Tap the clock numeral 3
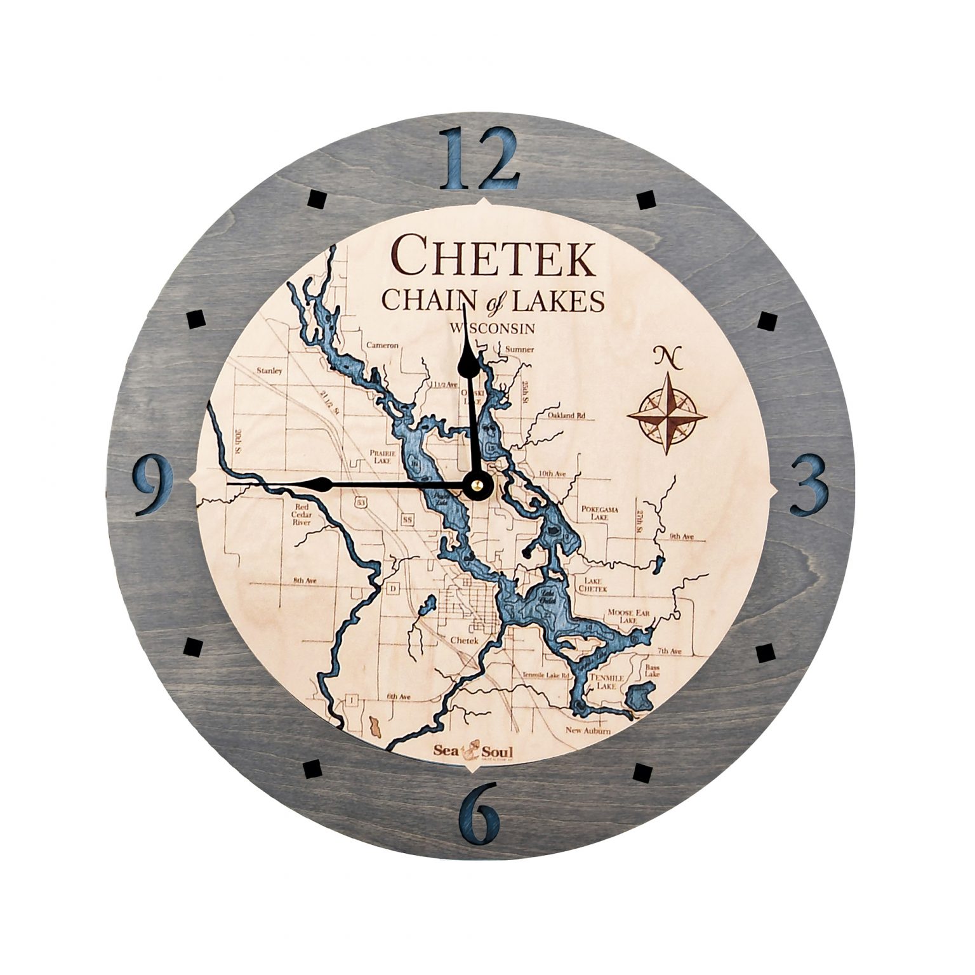click(x=809, y=484)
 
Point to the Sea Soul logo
click(x=473, y=751)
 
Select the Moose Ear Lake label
click(x=627, y=615)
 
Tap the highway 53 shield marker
click(x=361, y=502)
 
